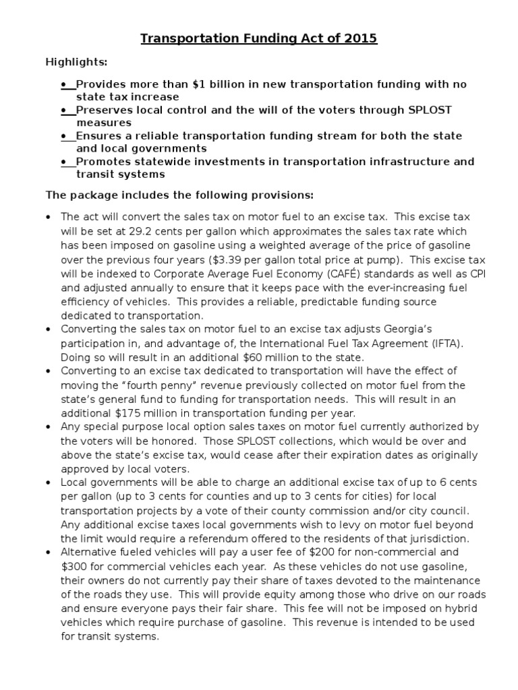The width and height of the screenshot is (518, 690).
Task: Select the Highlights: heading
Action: pyautogui.click(x=76, y=62)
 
